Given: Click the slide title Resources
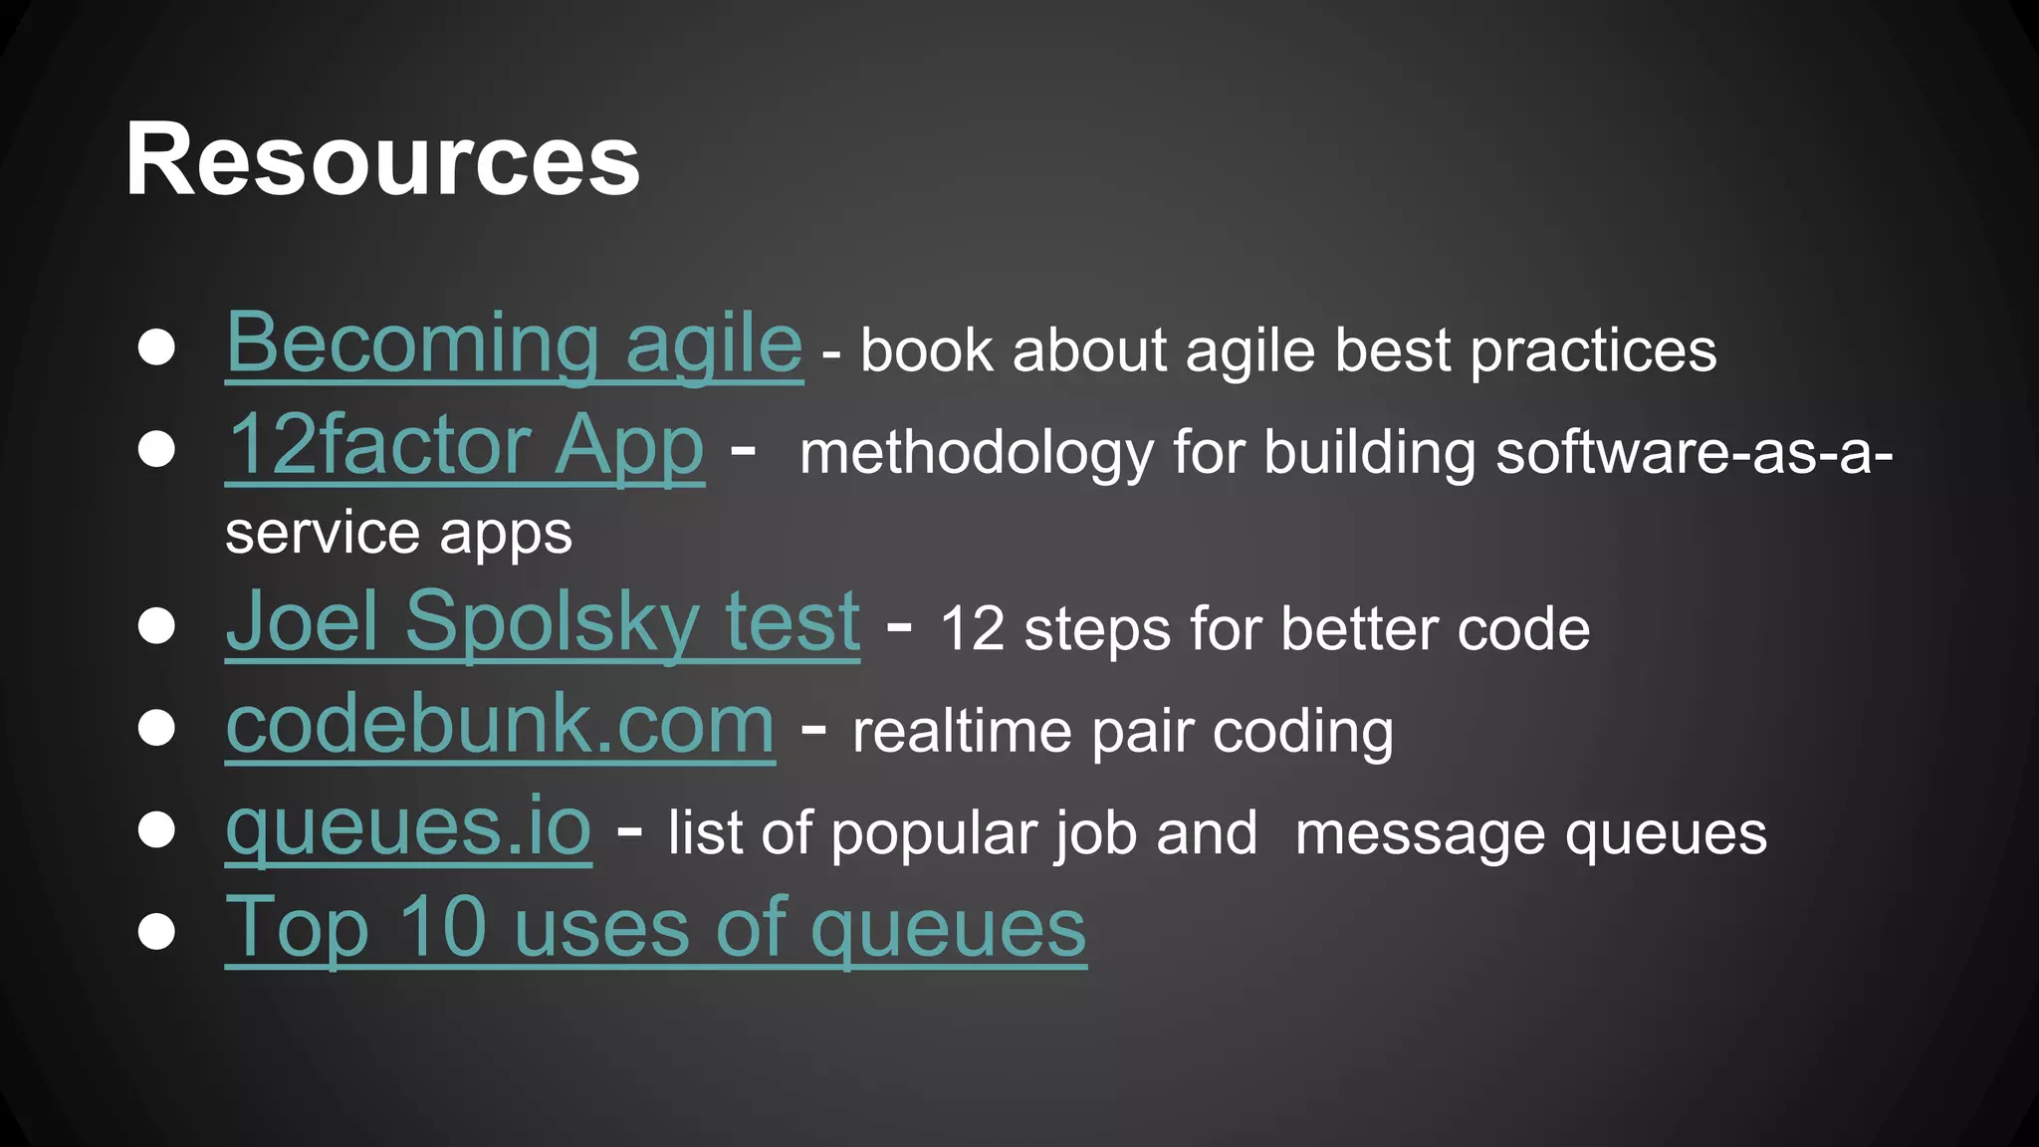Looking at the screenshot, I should pyautogui.click(x=382, y=160).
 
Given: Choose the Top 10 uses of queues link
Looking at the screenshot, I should pyautogui.click(x=655, y=928).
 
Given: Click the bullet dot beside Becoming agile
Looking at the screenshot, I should pyautogui.click(x=156, y=347).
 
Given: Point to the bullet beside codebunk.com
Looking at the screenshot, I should pyautogui.click(x=156, y=728).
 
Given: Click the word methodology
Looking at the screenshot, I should pyautogui.click(x=976, y=454).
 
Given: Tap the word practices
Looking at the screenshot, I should pyautogui.click(x=1593, y=351).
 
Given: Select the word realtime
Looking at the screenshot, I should pyautogui.click(x=961, y=732).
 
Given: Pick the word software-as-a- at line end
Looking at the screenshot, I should pyautogui.click(x=1694, y=453).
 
